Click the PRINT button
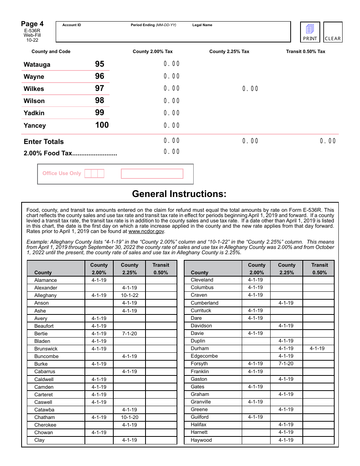coord(310,32)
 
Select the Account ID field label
coord(72,25)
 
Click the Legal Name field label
coord(202,25)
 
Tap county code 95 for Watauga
coord(100,64)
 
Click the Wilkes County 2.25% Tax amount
coord(250,89)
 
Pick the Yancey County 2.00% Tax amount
coord(172,125)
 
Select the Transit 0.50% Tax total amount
coord(328,141)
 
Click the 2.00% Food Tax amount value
coord(172,152)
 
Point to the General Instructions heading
coord(179,194)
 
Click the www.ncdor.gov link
coord(146,231)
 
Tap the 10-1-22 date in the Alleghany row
coord(130,296)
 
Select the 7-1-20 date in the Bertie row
coord(130,334)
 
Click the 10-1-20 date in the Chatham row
coord(130,417)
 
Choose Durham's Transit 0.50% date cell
coord(317,349)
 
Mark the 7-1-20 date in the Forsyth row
coord(286,364)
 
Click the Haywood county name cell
coord(201,440)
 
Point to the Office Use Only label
coord(62,174)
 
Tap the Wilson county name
coord(34,101)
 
